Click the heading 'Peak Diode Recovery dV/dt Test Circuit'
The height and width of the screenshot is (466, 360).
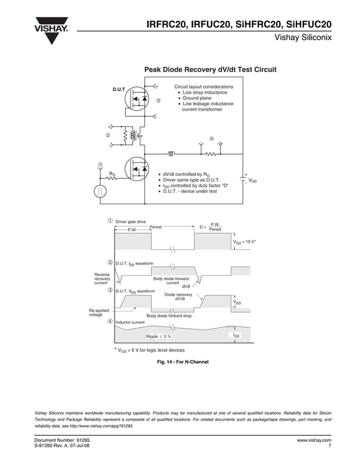pos(210,70)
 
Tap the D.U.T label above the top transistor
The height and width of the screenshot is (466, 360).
pos(118,90)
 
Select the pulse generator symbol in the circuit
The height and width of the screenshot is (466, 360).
pos(100,191)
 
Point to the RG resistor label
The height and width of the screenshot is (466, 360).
pos(112,174)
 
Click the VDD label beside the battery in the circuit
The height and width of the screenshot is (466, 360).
pos(253,181)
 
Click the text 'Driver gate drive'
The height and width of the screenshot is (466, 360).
pos(130,222)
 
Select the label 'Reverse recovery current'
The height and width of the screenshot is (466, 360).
pos(102,279)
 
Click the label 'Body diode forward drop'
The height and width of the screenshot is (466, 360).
pos(169,316)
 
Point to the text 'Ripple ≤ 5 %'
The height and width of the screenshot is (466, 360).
pos(158,336)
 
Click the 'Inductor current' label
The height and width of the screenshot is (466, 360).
pos(130,322)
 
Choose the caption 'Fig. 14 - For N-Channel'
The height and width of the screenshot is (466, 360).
pos(183,362)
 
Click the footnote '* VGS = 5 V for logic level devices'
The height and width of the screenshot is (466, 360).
pos(149,350)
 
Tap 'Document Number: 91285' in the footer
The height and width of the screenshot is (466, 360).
pos(62,439)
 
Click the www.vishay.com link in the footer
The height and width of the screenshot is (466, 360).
pos(314,439)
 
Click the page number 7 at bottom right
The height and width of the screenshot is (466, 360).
pos(329,446)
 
